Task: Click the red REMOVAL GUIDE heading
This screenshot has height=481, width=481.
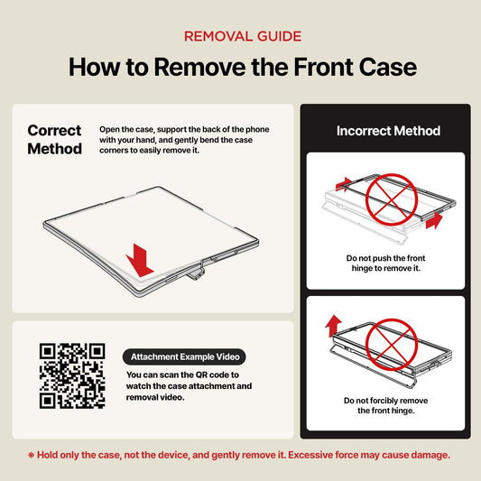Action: [x=243, y=36]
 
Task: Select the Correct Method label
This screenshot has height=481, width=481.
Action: [x=55, y=140]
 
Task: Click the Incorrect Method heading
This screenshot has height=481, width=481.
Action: [x=388, y=131]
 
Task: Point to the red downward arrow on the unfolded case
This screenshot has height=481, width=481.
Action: [x=140, y=261]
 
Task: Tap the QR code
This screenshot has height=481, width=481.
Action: [x=72, y=375]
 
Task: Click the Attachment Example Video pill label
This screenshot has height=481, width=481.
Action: [x=184, y=356]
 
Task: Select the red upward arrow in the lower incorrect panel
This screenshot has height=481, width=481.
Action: [x=333, y=326]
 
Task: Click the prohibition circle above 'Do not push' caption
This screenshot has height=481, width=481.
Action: [x=392, y=199]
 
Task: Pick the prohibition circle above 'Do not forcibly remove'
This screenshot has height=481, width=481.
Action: [x=392, y=345]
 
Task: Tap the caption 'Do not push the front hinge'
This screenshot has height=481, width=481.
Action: [x=385, y=264]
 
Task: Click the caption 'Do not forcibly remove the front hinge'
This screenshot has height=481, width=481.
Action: [x=386, y=405]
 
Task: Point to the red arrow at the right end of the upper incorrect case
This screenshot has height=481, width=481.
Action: [x=434, y=220]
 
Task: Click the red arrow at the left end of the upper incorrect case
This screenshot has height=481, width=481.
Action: [x=344, y=184]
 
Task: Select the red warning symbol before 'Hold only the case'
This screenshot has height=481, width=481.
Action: [x=31, y=455]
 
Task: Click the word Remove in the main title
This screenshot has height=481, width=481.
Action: [x=200, y=67]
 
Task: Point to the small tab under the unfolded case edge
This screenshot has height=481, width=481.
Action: [x=196, y=273]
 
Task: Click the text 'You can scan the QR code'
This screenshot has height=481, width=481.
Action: [x=182, y=375]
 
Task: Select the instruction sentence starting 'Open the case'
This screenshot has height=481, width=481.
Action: [x=184, y=140]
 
